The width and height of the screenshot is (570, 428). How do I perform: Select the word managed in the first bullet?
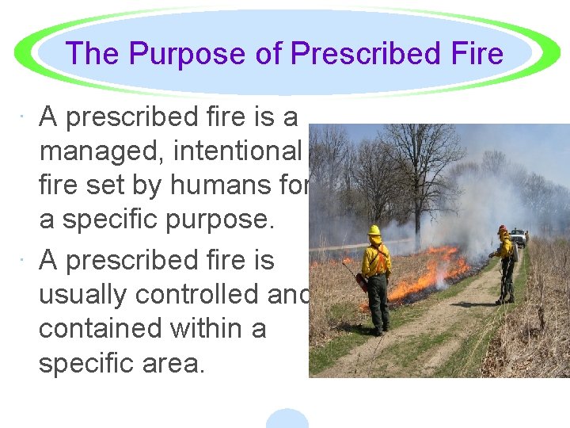102,152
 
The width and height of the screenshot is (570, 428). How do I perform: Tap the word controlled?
205,294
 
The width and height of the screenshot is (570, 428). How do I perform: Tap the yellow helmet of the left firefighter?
374,230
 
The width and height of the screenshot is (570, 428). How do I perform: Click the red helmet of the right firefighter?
501,228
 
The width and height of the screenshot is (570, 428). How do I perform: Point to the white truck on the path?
519,236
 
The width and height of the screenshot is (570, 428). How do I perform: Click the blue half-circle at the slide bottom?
287,419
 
